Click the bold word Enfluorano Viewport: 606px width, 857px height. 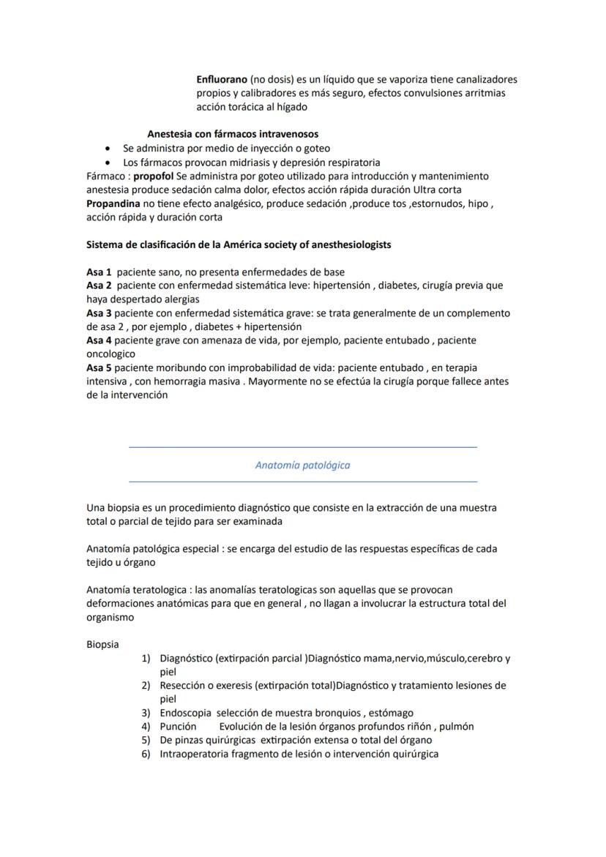click(x=222, y=79)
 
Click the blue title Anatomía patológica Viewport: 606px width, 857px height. click(x=302, y=465)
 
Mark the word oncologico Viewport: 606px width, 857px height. click(x=111, y=354)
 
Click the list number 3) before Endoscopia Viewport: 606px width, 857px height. click(x=146, y=713)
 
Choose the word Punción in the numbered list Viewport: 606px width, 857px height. click(x=178, y=727)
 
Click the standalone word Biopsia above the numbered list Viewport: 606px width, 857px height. click(x=102, y=645)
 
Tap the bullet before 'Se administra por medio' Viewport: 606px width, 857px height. click(x=108, y=149)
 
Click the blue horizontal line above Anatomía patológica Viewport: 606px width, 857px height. click(x=302, y=446)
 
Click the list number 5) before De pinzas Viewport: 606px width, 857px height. click(x=146, y=740)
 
